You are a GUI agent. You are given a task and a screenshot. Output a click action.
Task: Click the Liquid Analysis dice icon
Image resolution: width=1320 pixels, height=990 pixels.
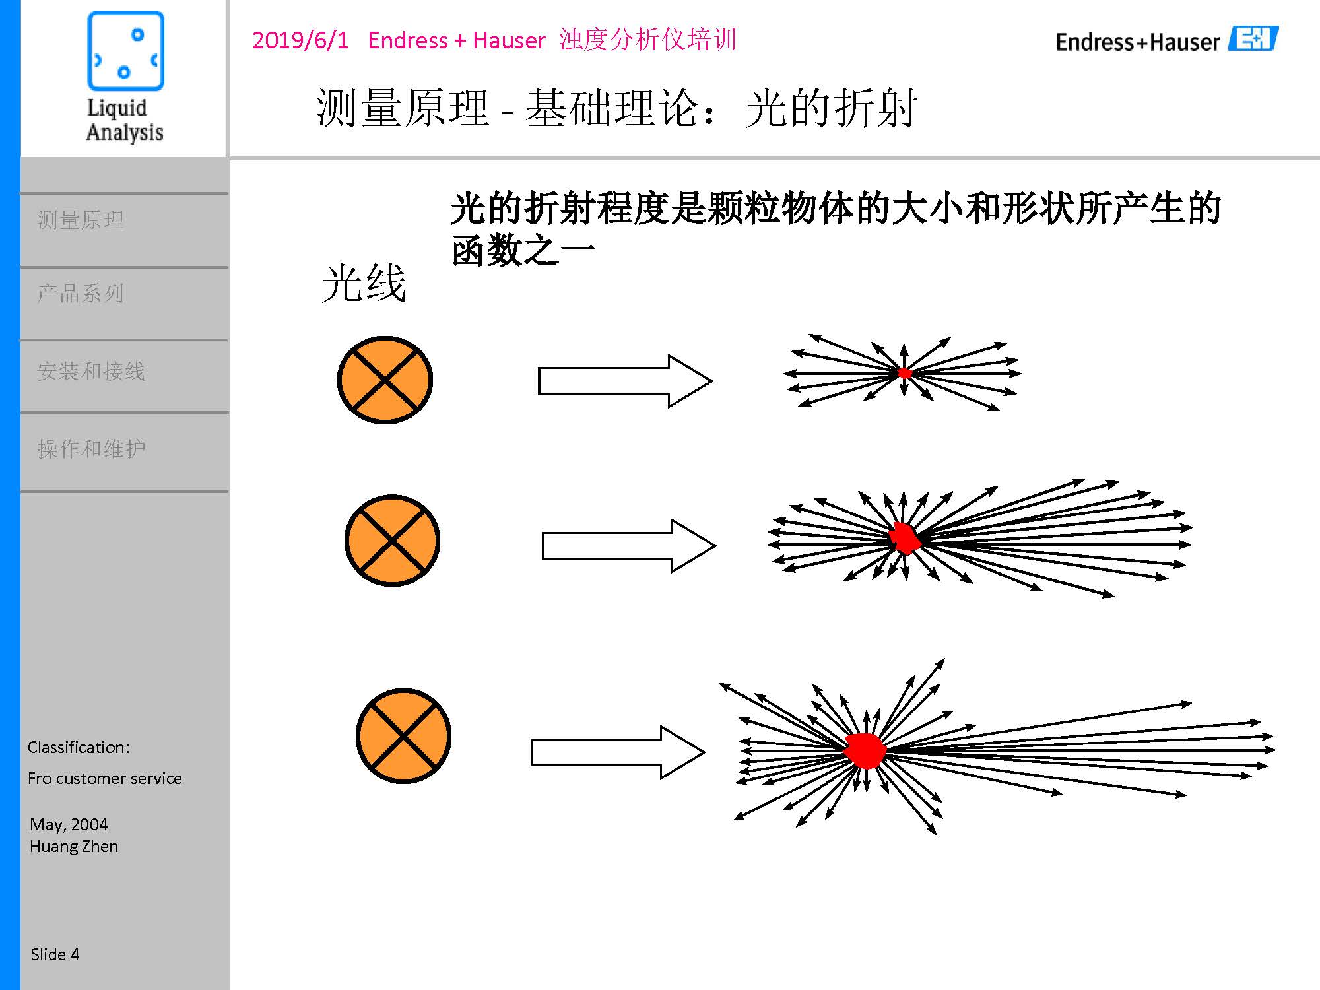tap(125, 51)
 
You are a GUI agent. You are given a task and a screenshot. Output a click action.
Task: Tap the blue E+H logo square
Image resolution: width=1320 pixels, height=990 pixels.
tap(1253, 39)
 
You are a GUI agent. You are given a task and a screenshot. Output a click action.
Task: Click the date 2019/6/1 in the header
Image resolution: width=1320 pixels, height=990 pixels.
tap(300, 40)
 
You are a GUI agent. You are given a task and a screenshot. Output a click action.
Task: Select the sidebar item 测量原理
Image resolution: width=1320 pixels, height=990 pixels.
tap(81, 220)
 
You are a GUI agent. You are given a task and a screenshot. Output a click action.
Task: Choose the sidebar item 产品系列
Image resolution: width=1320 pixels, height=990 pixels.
tap(81, 293)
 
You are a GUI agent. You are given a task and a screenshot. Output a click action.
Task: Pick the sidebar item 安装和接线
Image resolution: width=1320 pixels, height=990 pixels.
tap(91, 371)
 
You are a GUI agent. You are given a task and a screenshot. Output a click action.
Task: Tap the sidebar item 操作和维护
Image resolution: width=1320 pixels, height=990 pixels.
tap(91, 449)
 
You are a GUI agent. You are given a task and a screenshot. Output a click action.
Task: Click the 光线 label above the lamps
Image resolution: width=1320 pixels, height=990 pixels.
tap(364, 284)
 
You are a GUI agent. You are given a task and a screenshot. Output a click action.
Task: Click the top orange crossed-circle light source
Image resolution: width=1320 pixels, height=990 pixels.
tap(385, 380)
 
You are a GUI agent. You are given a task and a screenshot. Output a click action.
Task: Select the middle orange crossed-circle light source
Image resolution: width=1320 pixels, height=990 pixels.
tap(392, 541)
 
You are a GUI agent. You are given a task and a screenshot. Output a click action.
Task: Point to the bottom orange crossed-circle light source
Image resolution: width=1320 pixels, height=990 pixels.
tap(403, 736)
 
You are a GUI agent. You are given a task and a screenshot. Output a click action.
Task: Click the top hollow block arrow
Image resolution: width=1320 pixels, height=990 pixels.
tap(624, 381)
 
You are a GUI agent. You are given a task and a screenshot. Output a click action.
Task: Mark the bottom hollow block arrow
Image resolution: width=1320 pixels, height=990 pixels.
tap(617, 752)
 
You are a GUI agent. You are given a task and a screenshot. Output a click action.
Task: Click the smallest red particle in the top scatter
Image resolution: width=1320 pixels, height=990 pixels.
tap(905, 373)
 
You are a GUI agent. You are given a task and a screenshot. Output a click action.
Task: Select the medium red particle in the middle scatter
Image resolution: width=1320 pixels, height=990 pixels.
tap(905, 538)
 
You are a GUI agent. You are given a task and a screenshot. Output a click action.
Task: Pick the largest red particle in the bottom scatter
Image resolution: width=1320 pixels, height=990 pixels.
tap(865, 750)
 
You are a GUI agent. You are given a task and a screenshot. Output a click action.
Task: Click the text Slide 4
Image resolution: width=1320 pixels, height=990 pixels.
tap(55, 954)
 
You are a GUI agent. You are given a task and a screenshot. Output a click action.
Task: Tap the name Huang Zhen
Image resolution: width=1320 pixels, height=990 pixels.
tap(74, 846)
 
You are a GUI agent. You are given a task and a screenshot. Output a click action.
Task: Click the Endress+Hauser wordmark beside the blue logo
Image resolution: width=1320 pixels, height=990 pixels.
tap(1138, 42)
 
